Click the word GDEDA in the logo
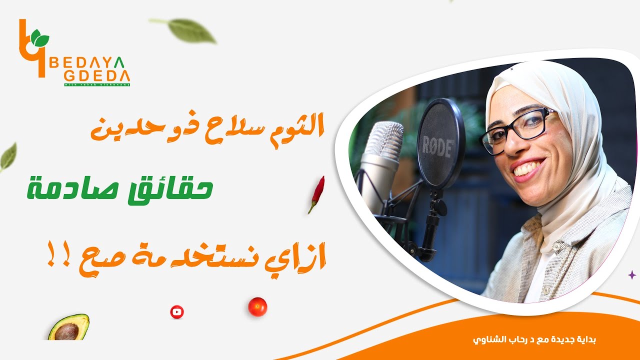pyautogui.click(x=96, y=75)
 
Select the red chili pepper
pyautogui.click(x=316, y=193)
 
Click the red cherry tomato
pyautogui.click(x=257, y=306)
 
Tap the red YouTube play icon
pyautogui.click(x=176, y=312)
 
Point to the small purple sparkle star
pyautogui.click(x=631, y=274)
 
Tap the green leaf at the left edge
pyautogui.click(x=8, y=156)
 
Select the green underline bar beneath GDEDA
pyautogui.click(x=96, y=84)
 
